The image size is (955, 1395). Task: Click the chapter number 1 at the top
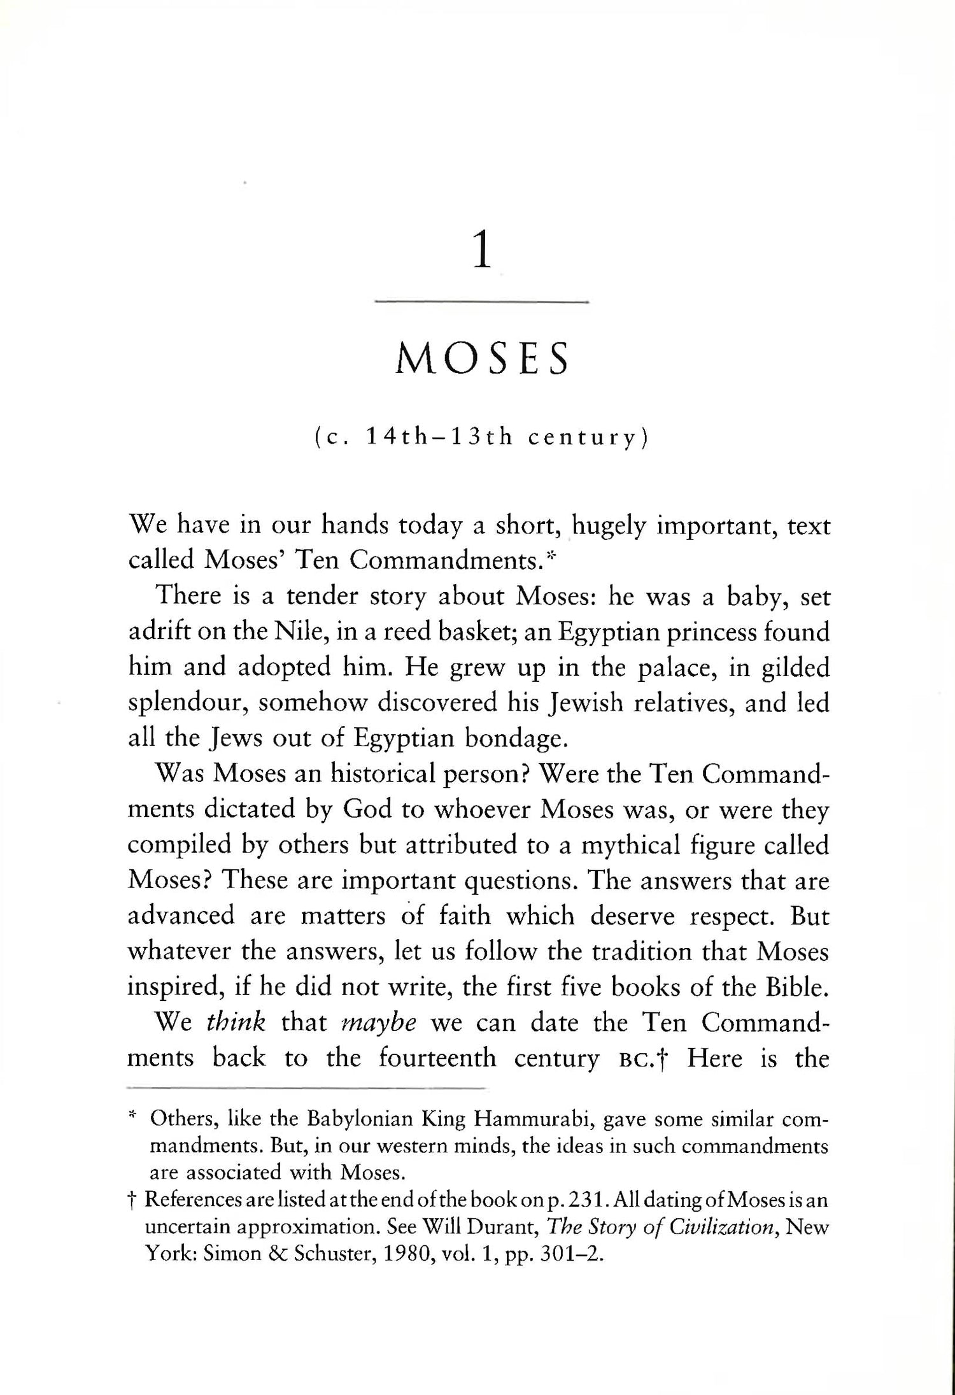(482, 252)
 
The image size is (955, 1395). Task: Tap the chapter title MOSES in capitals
(482, 359)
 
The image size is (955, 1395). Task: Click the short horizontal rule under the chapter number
(482, 302)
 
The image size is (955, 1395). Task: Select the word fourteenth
(437, 1058)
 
